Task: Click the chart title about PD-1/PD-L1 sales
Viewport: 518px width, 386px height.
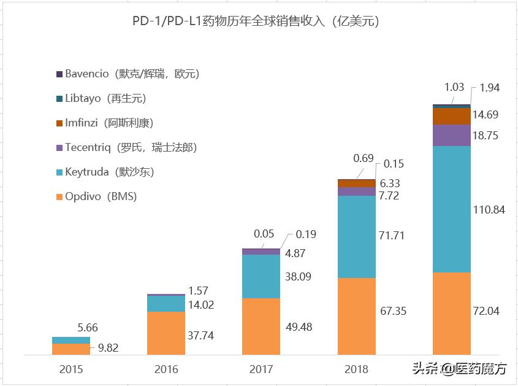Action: tap(256, 21)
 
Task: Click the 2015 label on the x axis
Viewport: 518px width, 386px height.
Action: tap(71, 369)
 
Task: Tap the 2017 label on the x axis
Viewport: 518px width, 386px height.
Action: tap(261, 369)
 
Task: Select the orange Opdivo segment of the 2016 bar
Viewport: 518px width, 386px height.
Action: tap(166, 333)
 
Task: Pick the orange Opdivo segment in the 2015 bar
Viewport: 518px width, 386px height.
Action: tap(71, 349)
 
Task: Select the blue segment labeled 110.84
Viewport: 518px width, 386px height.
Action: tap(452, 209)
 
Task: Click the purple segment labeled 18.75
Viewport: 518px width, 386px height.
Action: tap(452, 135)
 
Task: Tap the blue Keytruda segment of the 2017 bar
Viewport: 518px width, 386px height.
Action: tap(261, 276)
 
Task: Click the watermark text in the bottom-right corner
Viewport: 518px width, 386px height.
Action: tap(460, 369)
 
